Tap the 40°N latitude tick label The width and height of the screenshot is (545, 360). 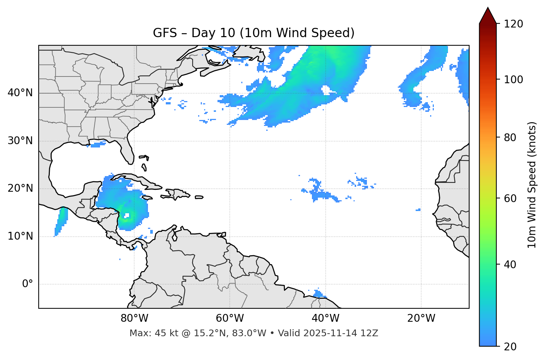point(20,93)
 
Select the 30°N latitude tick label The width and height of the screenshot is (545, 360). point(20,141)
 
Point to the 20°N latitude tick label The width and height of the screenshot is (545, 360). point(20,188)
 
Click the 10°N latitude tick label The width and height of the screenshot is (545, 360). point(20,236)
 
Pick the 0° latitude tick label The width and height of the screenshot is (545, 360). point(28,284)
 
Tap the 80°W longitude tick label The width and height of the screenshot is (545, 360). point(134,318)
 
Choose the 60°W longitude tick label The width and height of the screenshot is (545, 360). point(230,318)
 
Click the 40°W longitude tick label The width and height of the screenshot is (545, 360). point(325,318)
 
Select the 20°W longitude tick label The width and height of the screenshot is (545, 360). point(421,318)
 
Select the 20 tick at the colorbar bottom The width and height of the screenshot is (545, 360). point(510,347)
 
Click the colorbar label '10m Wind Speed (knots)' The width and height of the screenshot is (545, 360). point(532,185)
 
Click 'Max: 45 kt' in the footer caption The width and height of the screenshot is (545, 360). point(146,333)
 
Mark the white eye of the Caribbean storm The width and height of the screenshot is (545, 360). point(127,215)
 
